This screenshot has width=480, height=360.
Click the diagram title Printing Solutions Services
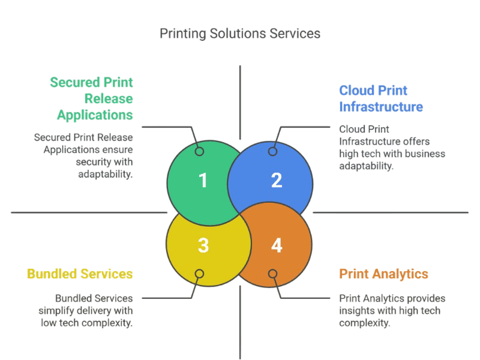[240, 34]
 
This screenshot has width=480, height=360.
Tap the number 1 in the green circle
[203, 180]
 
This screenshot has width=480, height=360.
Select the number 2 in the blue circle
[276, 180]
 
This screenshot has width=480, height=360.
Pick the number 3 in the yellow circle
[203, 245]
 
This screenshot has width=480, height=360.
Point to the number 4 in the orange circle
[276, 245]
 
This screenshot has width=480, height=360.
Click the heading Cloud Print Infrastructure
[382, 99]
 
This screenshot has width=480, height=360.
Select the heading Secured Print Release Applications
[91, 98]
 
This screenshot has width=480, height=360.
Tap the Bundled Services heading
[80, 274]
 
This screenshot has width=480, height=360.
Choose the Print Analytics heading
[384, 274]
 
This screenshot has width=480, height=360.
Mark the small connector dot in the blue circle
[272, 151]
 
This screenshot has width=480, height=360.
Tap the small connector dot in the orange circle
[272, 274]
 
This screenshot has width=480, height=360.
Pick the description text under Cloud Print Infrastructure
[392, 147]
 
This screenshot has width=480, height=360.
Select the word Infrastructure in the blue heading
[382, 107]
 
